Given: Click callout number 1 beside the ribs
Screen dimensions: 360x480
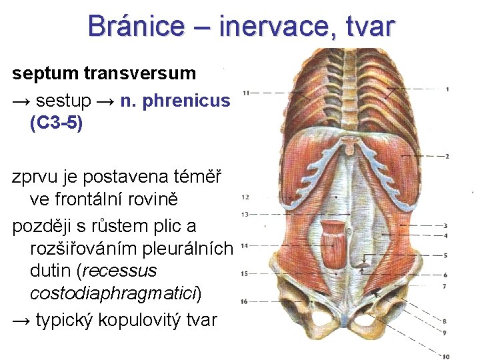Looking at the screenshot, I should click(447, 89).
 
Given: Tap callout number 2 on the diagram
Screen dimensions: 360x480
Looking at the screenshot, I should click(447, 156).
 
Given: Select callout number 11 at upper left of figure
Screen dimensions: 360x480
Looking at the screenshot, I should click(247, 92).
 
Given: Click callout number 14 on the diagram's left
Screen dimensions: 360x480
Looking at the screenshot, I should click(245, 246).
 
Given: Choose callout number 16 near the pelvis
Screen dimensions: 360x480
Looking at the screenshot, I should click(245, 301).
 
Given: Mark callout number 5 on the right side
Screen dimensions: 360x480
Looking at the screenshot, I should click(445, 255).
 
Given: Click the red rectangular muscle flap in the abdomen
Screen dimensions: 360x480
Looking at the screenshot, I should click(333, 244).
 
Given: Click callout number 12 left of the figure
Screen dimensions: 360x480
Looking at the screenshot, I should click(245, 197).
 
